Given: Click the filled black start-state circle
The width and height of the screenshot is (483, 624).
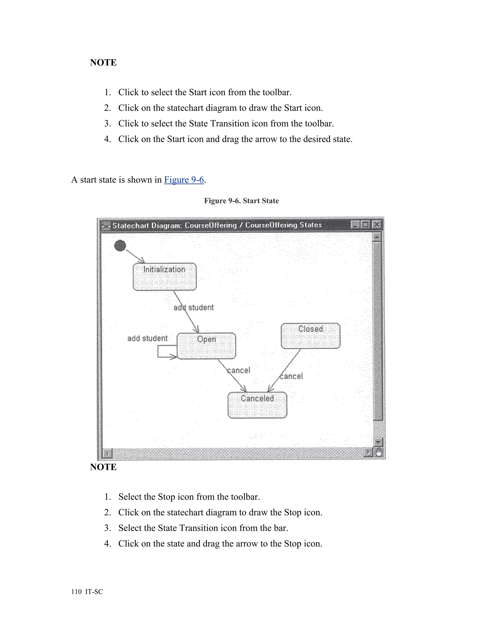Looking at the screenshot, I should (x=120, y=245).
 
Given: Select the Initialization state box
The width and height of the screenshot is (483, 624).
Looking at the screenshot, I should (x=165, y=277).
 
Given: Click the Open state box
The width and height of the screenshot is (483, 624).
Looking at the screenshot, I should (x=206, y=346).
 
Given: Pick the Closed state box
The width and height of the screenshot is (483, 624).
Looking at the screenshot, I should (x=310, y=336).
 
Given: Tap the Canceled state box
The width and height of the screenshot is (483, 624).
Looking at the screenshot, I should (x=257, y=405).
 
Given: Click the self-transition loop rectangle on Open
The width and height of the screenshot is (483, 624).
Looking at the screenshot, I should (x=167, y=351).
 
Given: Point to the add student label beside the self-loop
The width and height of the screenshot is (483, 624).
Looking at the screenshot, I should (x=147, y=338).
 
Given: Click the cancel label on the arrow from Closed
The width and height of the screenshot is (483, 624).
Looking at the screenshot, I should (x=291, y=376).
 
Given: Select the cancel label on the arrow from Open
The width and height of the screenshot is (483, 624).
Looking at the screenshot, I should (x=239, y=370).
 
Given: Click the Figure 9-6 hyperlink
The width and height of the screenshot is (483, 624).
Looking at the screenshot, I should (x=184, y=180).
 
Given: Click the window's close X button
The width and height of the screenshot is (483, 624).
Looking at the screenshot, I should (x=377, y=225).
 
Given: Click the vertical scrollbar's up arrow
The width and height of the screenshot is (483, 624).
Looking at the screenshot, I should (x=377, y=237).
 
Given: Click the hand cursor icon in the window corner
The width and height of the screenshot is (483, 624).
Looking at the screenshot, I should (x=379, y=452).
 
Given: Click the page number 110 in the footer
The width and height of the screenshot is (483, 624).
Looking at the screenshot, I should (x=76, y=592).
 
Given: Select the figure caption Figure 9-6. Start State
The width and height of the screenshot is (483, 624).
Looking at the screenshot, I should (x=241, y=201).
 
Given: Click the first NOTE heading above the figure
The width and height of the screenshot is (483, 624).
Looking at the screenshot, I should (x=103, y=63).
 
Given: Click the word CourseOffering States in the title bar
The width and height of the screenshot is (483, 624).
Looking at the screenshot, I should (x=283, y=225).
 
